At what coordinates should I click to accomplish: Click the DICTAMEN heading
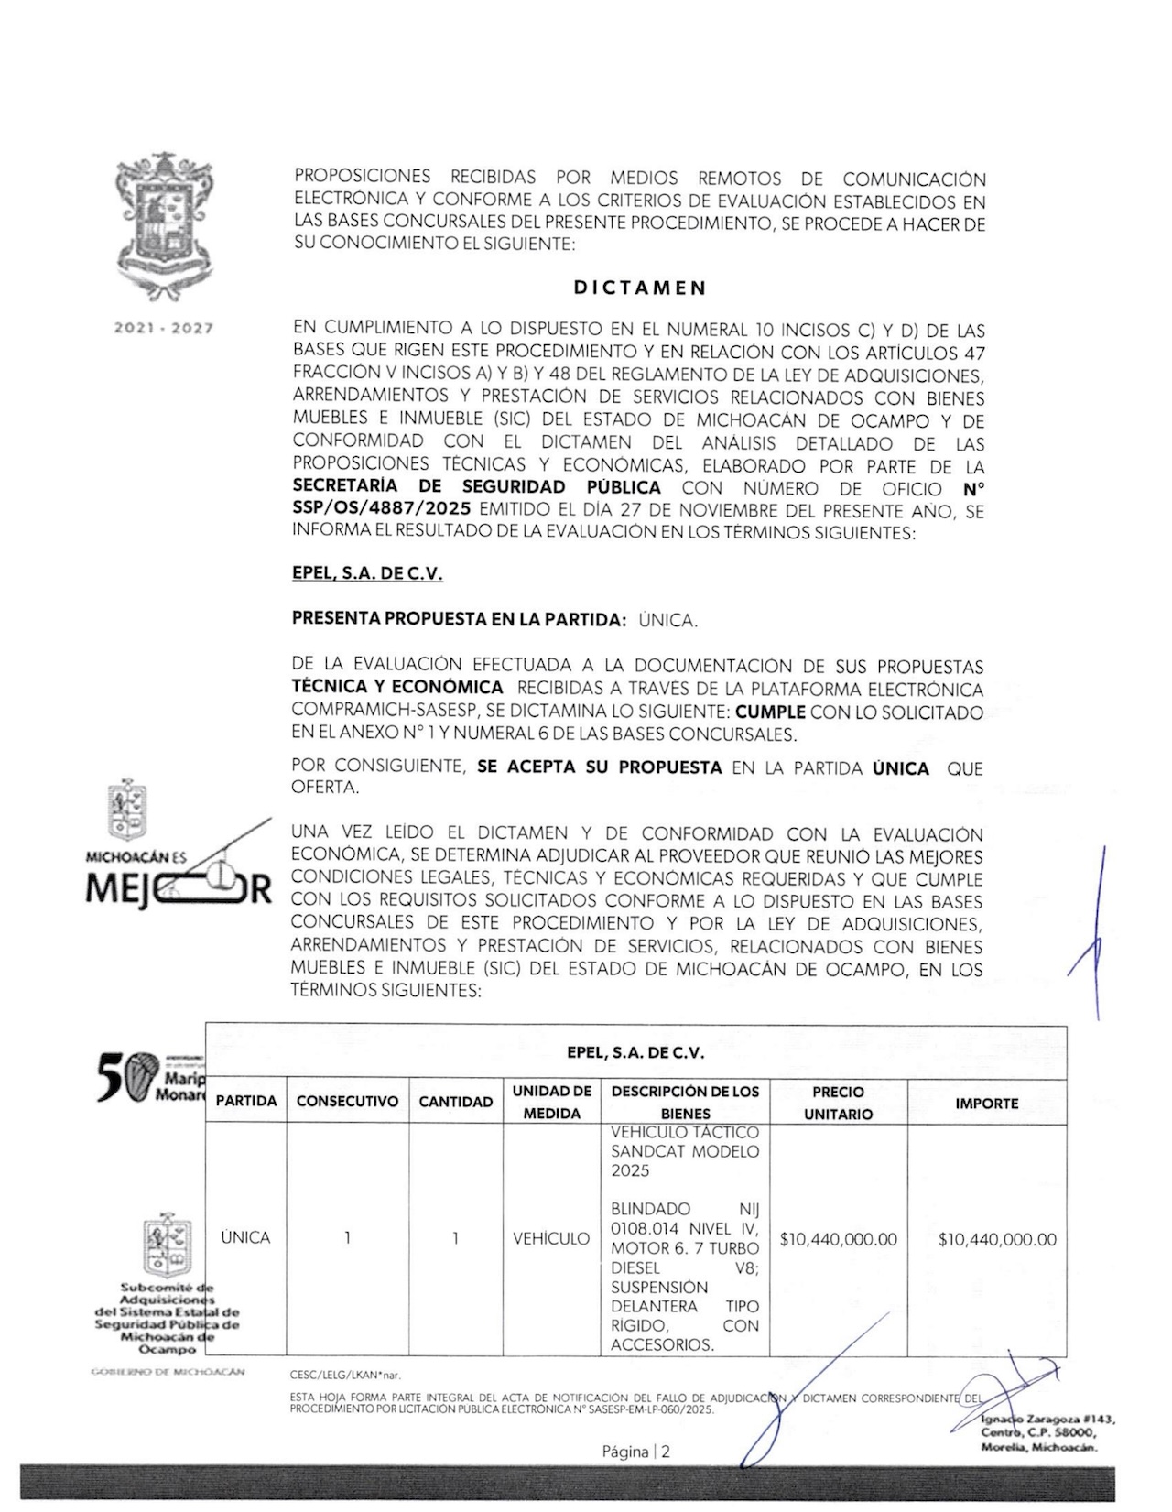640,288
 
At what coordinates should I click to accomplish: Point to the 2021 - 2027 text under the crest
163,328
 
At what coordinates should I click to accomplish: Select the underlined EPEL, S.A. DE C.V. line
367,575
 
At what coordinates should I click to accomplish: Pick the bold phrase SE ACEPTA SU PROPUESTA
600,767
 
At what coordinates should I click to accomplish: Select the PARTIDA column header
245,1102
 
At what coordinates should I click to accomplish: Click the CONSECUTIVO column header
347,1102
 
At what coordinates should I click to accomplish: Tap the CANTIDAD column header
455,1102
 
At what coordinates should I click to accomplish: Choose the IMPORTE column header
986,1104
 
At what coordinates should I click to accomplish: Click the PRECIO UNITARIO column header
838,1103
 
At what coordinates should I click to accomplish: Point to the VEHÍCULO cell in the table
551,1238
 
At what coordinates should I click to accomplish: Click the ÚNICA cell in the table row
245,1237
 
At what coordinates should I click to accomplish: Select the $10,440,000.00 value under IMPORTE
996,1240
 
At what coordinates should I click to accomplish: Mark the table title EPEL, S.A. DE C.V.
635,1053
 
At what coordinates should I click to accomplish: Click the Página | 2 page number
635,1452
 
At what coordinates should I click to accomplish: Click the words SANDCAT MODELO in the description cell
684,1151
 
